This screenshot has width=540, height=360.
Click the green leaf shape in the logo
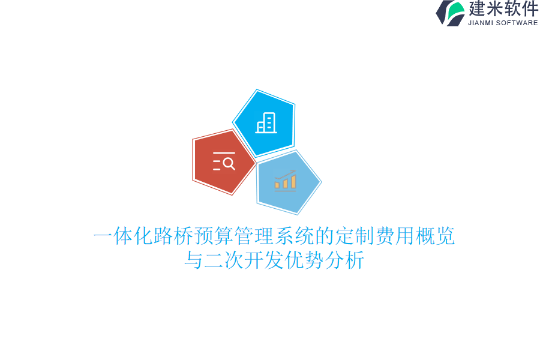coord(456,11)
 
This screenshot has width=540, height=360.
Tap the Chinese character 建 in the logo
coord(478,9)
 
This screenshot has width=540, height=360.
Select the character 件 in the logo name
coord(529,9)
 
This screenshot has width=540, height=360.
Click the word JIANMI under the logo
coord(481,23)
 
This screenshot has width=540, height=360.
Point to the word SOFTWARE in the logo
coord(517,23)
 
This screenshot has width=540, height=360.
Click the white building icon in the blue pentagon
coord(266,123)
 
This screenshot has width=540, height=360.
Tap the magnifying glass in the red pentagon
coord(229,163)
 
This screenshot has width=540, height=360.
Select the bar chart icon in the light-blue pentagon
coord(286,181)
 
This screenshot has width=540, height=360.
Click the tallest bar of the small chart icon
coord(293,181)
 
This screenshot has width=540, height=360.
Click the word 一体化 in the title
coord(123,236)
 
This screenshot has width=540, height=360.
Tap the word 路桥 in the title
coord(174,236)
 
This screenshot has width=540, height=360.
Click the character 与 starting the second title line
coord(194,261)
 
